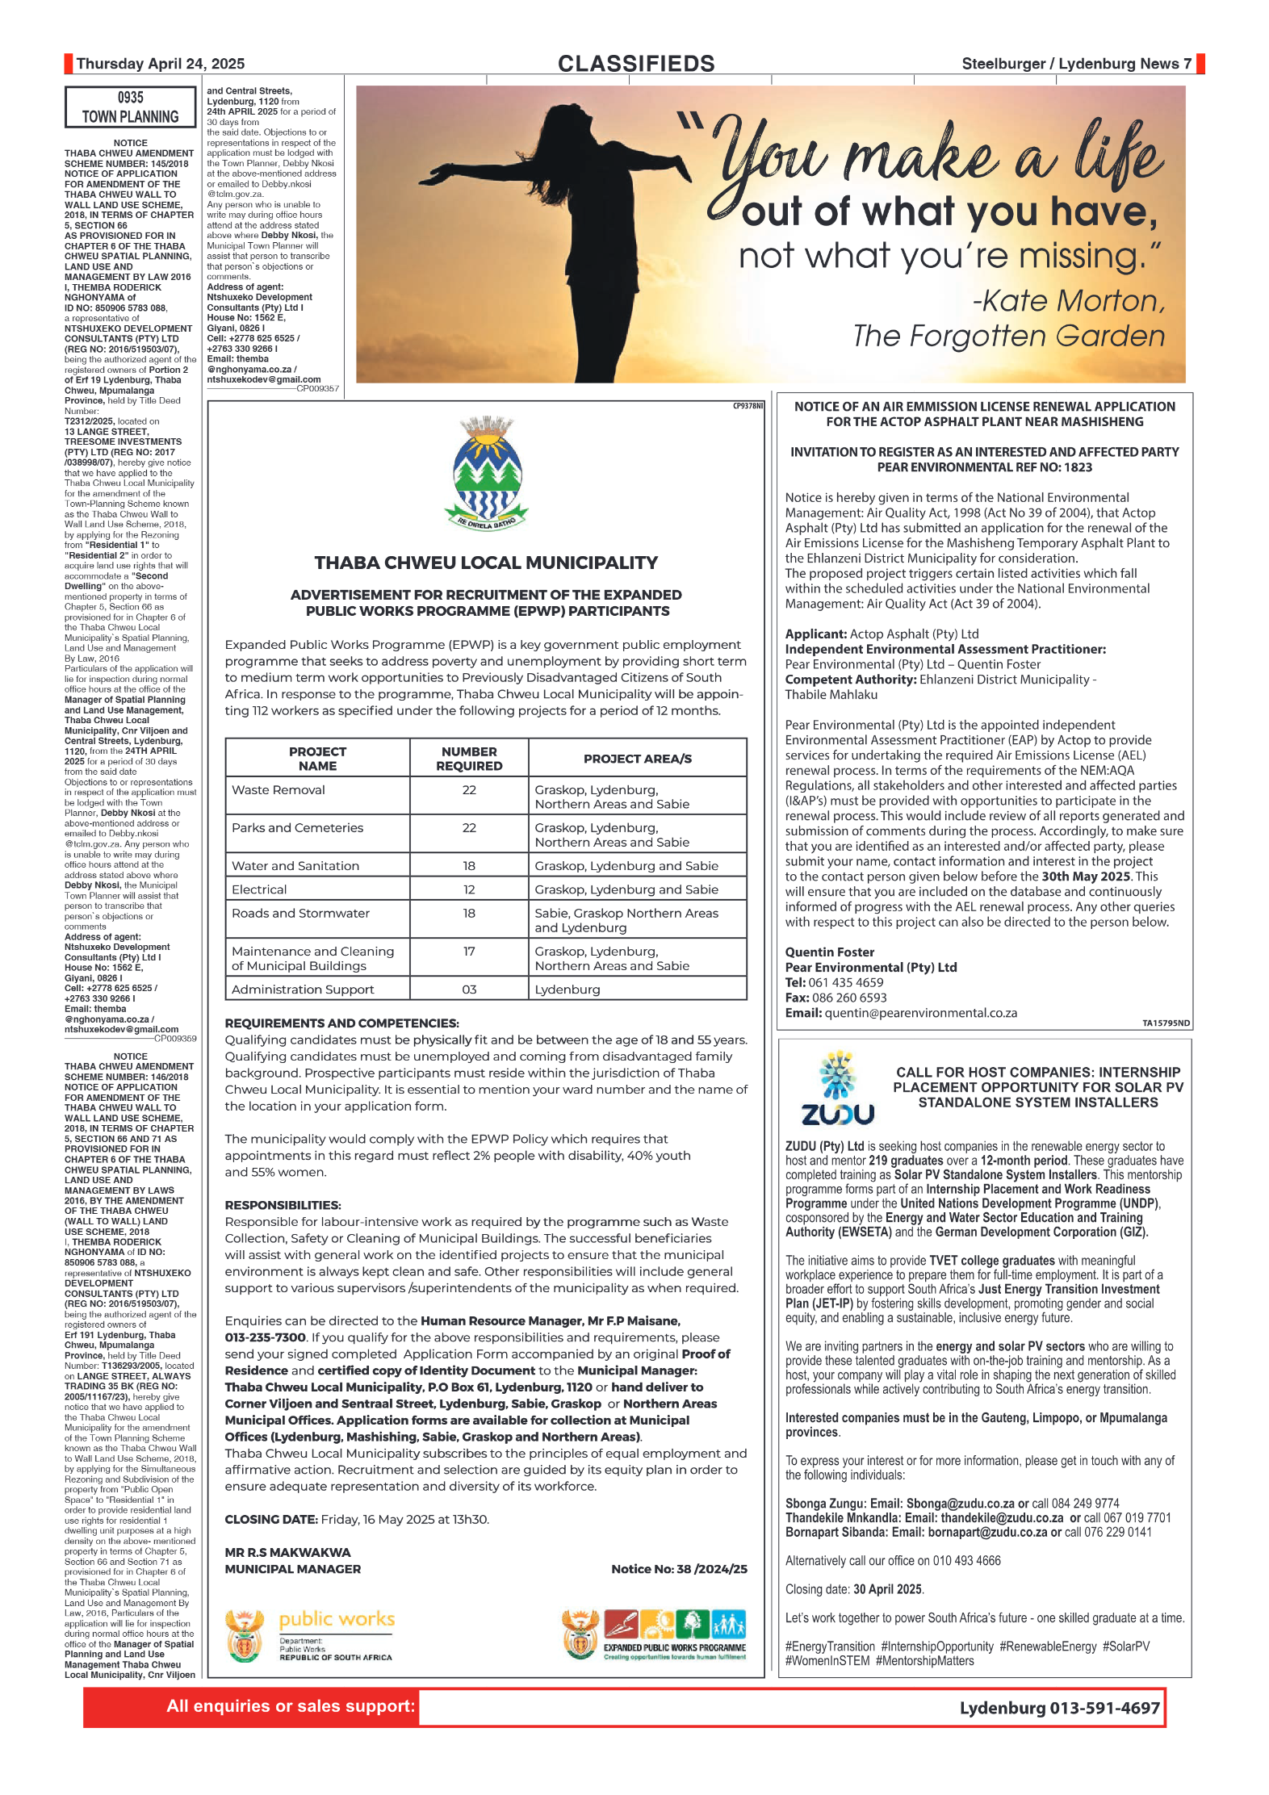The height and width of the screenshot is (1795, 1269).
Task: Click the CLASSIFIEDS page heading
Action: click(x=636, y=64)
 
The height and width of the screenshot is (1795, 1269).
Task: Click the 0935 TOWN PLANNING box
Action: click(x=130, y=107)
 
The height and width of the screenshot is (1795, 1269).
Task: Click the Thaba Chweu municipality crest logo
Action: click(x=487, y=473)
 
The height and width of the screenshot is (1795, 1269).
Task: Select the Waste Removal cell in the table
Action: click(x=279, y=790)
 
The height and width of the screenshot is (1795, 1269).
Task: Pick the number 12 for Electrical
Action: click(x=469, y=889)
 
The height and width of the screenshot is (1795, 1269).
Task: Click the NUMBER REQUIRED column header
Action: click(x=469, y=759)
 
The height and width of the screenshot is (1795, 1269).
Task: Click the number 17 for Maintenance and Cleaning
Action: click(x=469, y=952)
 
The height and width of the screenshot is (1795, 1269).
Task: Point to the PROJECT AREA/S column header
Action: click(x=638, y=759)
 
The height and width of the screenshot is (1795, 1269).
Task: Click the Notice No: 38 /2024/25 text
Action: click(x=679, y=1569)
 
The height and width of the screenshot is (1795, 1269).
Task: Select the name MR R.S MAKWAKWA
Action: click(x=287, y=1552)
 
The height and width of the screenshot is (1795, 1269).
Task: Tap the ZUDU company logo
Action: click(x=838, y=1089)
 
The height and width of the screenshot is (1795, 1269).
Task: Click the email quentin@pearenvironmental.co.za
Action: click(x=920, y=1013)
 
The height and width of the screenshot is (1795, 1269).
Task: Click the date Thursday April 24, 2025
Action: click(x=160, y=64)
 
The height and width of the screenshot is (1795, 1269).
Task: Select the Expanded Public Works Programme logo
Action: click(x=655, y=1634)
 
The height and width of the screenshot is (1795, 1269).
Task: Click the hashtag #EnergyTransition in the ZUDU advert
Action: click(x=830, y=1646)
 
